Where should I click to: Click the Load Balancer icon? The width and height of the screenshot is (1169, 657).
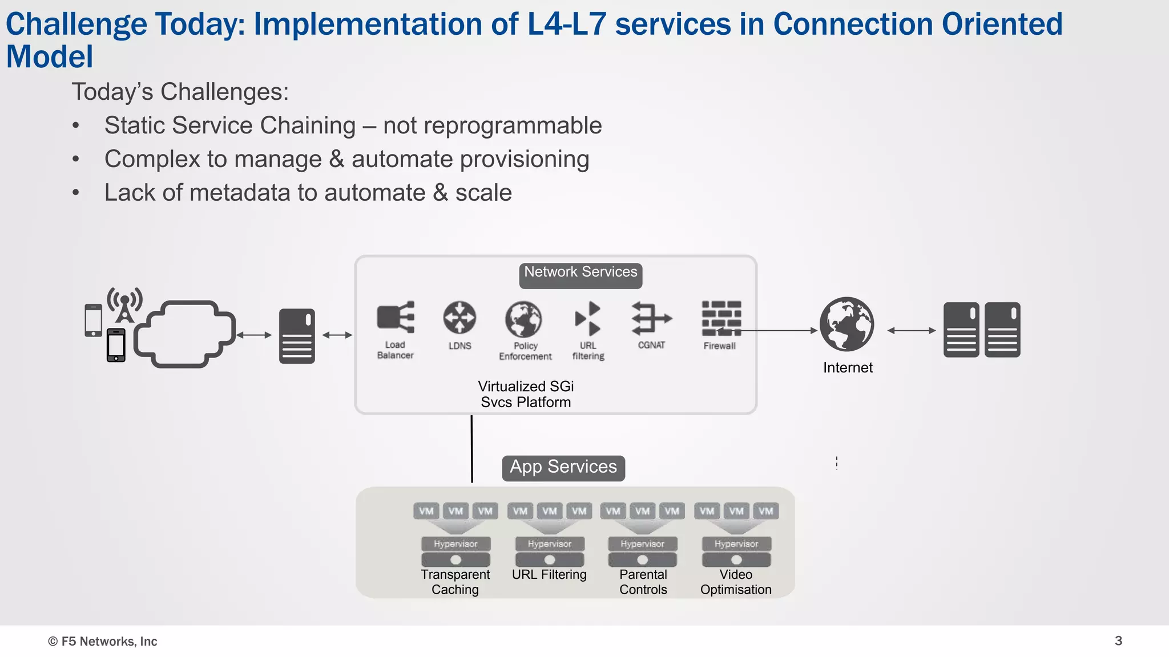tap(396, 317)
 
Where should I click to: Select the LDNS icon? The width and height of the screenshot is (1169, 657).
tap(459, 318)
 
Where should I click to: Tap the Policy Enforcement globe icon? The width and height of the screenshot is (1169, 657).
tap(523, 319)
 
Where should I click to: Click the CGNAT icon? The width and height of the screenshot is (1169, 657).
tap(651, 318)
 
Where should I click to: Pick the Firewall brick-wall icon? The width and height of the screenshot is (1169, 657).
tap(721, 318)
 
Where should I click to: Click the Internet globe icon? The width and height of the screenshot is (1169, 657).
tap(847, 324)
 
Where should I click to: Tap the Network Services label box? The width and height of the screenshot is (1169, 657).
tap(581, 274)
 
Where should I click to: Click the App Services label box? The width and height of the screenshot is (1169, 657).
tap(563, 468)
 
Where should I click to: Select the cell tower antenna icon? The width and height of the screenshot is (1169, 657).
tap(124, 305)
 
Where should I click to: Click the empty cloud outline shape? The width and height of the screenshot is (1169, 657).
tap(184, 334)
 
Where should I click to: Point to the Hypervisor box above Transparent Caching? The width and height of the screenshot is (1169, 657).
tap(455, 544)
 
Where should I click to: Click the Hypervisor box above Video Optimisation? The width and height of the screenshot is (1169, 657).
tap(736, 544)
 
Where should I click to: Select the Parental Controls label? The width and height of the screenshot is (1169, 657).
tap(643, 582)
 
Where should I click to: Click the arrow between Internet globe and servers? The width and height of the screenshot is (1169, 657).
tap(911, 330)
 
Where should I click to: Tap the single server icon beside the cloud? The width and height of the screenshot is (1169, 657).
tap(297, 336)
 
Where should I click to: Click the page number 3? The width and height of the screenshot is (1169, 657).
tap(1118, 640)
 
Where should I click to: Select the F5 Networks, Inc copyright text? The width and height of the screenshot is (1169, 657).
tap(103, 642)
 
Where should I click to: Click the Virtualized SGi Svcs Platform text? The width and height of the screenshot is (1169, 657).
tap(526, 394)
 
